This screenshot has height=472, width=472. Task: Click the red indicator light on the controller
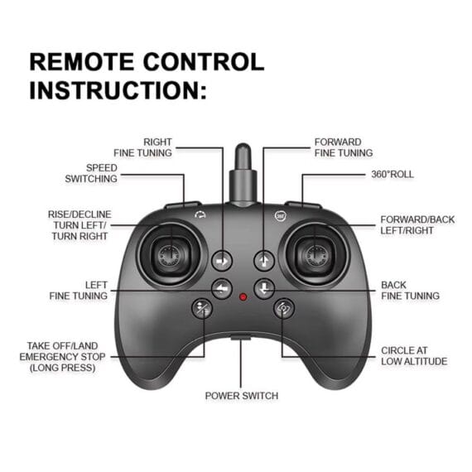tap(243, 297)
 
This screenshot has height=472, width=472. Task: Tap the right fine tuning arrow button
tap(222, 261)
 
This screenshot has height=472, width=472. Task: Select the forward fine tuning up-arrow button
tap(264, 261)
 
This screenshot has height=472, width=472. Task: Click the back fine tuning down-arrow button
tap(264, 289)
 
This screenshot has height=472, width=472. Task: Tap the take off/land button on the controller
tap(202, 308)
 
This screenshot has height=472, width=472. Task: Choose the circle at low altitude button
tap(283, 308)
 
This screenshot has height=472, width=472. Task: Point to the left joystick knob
tap(170, 255)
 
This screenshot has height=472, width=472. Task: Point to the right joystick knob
tap(315, 255)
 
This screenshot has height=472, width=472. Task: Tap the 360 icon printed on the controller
tap(281, 215)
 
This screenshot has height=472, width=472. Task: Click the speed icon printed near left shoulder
tap(200, 214)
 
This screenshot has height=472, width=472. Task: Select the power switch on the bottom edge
tap(241, 338)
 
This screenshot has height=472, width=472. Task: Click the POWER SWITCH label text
tap(242, 396)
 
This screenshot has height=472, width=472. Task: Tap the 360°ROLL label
tap(393, 174)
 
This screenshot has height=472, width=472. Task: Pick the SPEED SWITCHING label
tap(91, 173)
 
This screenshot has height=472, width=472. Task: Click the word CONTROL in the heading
tap(204, 62)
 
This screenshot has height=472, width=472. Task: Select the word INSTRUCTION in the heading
tap(113, 90)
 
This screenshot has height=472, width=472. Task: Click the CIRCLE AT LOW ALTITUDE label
tap(414, 356)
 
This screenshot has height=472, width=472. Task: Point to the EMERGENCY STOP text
tap(62, 357)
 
